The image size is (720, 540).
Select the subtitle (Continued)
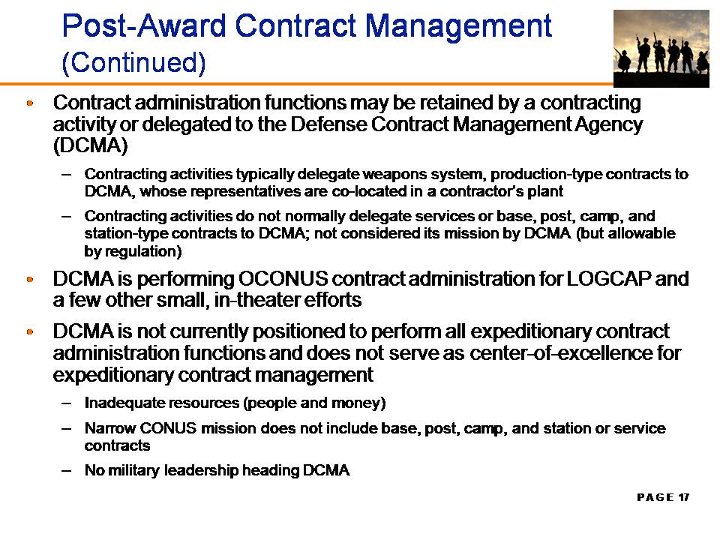click(133, 62)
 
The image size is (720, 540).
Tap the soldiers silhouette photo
click(661, 49)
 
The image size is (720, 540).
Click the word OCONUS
click(283, 279)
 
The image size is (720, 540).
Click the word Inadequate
click(123, 403)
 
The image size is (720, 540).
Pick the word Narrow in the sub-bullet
click(110, 428)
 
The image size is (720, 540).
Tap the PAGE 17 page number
click(663, 497)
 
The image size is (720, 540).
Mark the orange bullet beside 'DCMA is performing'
click(30, 279)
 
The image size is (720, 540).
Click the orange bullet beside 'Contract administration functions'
click(30, 103)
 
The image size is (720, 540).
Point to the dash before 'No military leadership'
click(67, 471)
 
